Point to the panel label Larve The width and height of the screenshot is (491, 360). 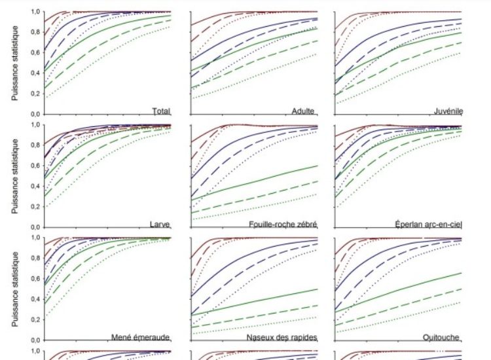[x=160, y=224]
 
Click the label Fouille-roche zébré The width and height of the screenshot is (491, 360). [x=283, y=224]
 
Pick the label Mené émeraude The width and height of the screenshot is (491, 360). [x=141, y=337]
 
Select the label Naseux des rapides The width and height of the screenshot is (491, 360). [x=282, y=337]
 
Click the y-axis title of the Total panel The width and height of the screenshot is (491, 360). [x=14, y=63]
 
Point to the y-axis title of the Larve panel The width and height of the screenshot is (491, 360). [x=14, y=175]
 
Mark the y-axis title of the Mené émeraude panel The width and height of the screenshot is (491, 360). [x=14, y=288]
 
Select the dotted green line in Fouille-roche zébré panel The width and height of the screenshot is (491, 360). [x=262, y=207]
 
